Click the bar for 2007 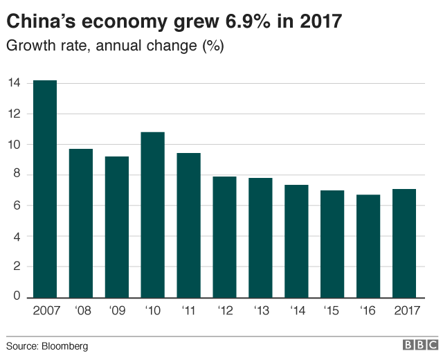45,189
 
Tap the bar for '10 152,215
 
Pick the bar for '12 224,237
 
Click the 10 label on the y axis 14,145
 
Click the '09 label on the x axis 116,312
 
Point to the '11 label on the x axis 188,312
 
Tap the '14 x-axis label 296,312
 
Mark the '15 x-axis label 332,312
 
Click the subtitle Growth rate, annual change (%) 115,46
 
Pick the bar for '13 260,237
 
